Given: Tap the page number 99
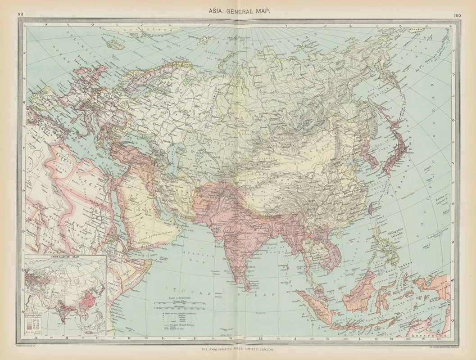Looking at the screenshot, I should [x=20, y=14].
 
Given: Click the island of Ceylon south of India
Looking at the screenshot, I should [x=246, y=283].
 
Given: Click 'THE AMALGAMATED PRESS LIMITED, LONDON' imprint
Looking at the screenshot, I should [x=237, y=349].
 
